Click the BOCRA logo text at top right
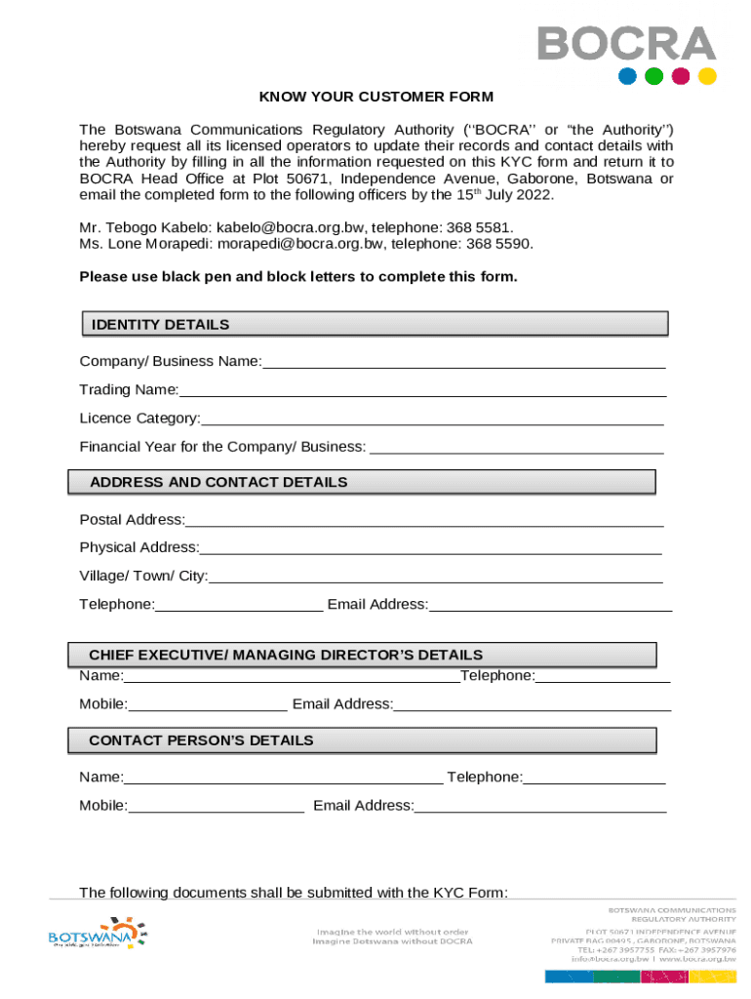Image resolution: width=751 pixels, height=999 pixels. pyautogui.click(x=625, y=44)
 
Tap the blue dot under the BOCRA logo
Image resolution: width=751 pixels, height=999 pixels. pyautogui.click(x=628, y=76)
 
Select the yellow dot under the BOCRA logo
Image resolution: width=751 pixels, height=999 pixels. pyautogui.click(x=707, y=76)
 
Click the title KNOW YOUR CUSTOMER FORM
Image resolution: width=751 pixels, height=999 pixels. pyautogui.click(x=375, y=97)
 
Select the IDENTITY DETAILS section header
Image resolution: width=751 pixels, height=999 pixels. pyautogui.click(x=160, y=325)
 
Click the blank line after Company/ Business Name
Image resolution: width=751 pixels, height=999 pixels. pyautogui.click(x=463, y=364)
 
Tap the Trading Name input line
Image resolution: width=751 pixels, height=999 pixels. pyautogui.click(x=422, y=392)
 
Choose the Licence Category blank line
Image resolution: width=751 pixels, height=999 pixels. pyautogui.click(x=432, y=420)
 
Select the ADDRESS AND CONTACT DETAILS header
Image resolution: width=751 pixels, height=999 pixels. pyautogui.click(x=218, y=482)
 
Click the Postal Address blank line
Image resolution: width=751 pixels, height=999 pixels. pyautogui.click(x=424, y=522)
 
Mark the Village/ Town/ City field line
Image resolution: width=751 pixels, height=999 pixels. pyautogui.click(x=436, y=579)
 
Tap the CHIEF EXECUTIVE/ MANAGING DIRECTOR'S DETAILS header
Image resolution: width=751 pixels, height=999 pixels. pyautogui.click(x=286, y=655)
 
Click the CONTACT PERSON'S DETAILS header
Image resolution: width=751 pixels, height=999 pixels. pyautogui.click(x=201, y=740)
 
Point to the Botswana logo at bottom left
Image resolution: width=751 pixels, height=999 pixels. pyautogui.click(x=96, y=934)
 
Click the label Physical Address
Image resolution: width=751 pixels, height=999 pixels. pyautogui.click(x=138, y=547)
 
